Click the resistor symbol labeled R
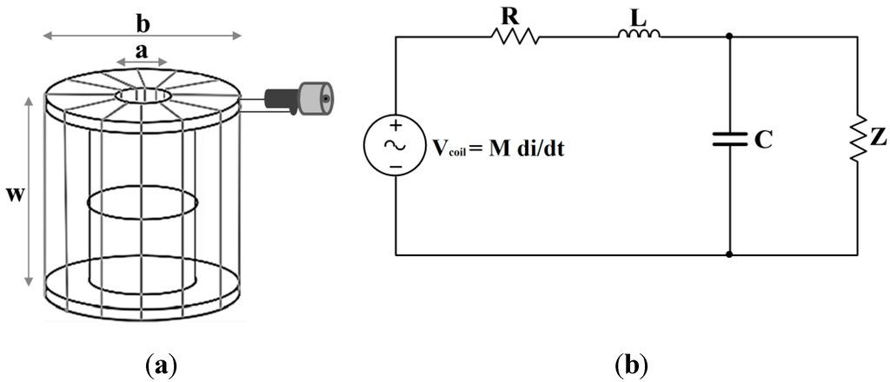515,36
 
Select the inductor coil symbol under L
640,36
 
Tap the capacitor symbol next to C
728,139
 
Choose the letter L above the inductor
638,14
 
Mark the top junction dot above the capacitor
728,37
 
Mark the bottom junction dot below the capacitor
728,255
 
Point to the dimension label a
140,51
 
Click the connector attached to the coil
300,98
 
